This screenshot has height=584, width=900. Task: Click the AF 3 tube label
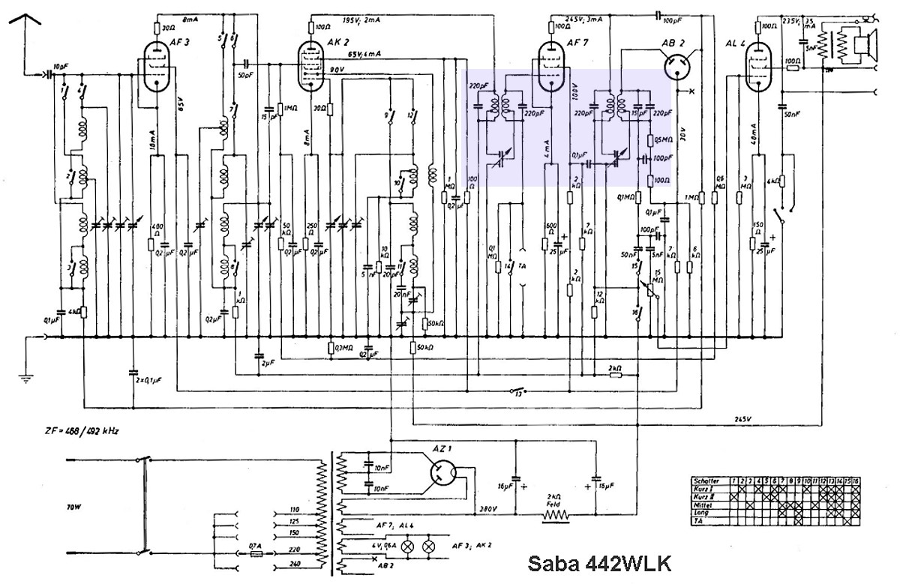click(180, 43)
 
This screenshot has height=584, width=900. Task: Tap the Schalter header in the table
click(708, 481)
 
